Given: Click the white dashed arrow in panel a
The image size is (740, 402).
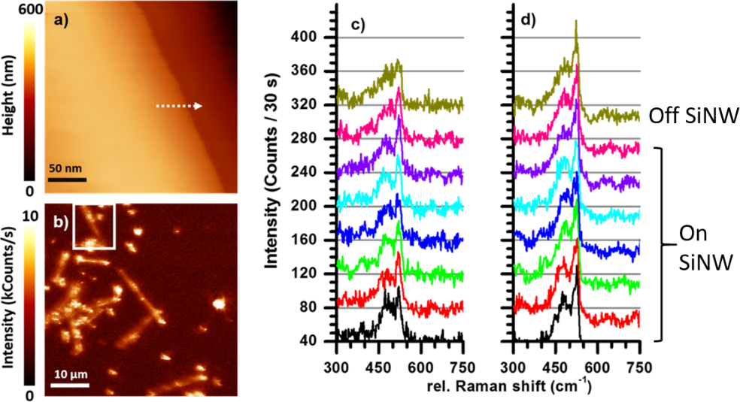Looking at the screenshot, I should (x=179, y=107).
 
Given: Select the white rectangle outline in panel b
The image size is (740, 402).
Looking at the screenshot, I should (x=94, y=225).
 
